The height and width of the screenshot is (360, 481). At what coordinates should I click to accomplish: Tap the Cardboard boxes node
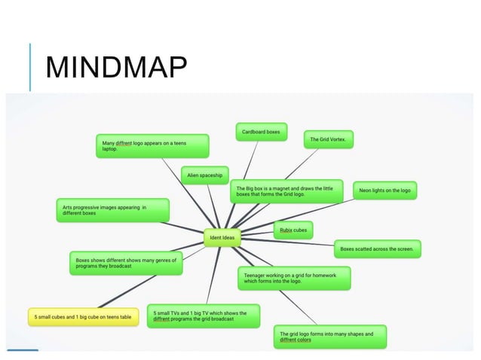(x=260, y=132)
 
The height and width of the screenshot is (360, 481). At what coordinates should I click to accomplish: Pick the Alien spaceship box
(x=205, y=175)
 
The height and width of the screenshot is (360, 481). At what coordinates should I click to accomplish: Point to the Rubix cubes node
(x=293, y=229)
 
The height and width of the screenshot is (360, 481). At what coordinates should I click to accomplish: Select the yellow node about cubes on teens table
(x=83, y=317)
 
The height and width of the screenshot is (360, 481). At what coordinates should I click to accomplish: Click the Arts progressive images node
(x=112, y=209)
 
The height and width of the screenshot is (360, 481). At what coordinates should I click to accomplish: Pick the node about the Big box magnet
(x=286, y=191)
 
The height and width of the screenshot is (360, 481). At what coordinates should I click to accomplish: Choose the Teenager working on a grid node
(x=294, y=278)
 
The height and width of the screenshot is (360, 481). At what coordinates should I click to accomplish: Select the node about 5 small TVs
(x=204, y=316)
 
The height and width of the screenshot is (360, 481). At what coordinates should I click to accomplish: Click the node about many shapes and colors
(x=330, y=337)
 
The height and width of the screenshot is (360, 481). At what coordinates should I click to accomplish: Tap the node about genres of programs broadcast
(x=126, y=262)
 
